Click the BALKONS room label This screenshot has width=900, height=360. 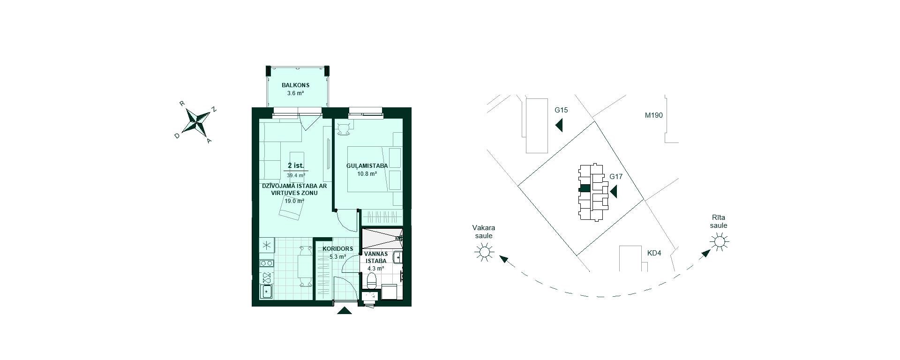coord(295,85)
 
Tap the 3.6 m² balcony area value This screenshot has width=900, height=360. coord(295,93)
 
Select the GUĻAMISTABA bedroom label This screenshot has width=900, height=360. coord(367,166)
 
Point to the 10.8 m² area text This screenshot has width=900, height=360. coord(367,174)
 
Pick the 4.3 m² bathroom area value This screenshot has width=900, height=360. coord(375,269)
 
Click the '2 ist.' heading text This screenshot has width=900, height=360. coord(296,165)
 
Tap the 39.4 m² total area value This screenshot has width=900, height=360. coord(296,175)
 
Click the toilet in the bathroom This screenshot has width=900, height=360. coord(371,281)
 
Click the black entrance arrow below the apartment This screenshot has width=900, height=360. coord(345,310)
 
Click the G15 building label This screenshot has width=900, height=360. coord(561,110)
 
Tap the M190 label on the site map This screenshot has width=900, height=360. coord(653,115)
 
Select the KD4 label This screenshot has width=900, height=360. coord(654,253)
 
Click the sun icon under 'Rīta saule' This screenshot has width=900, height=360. coord(719,242)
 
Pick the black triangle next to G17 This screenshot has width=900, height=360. coord(613,191)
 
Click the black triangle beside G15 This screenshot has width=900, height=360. coord(559,125)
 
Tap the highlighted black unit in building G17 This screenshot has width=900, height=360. coord(585,188)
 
